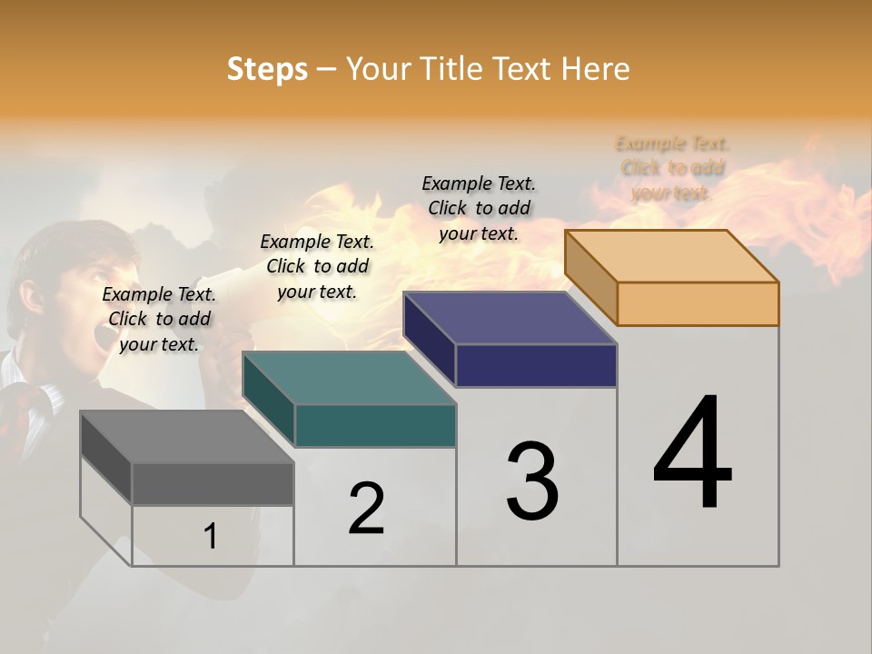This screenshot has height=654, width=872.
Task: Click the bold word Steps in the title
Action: click(x=267, y=69)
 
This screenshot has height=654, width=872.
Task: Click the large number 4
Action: click(x=692, y=454)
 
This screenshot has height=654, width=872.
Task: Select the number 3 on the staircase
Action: click(x=532, y=481)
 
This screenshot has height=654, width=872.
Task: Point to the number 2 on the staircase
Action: click(x=367, y=509)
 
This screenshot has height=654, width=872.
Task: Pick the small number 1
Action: click(x=211, y=536)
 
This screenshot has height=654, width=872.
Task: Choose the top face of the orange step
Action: click(x=672, y=256)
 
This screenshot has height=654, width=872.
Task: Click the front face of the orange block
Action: click(x=698, y=303)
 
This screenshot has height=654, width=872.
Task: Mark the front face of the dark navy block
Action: click(x=536, y=365)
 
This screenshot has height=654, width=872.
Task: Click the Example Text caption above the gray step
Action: click(x=159, y=319)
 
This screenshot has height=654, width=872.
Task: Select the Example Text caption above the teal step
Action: click(x=317, y=266)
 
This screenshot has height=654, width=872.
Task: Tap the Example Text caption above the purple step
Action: click(x=479, y=208)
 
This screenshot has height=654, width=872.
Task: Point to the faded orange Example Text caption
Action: click(x=672, y=168)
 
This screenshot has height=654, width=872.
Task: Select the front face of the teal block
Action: click(x=374, y=425)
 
